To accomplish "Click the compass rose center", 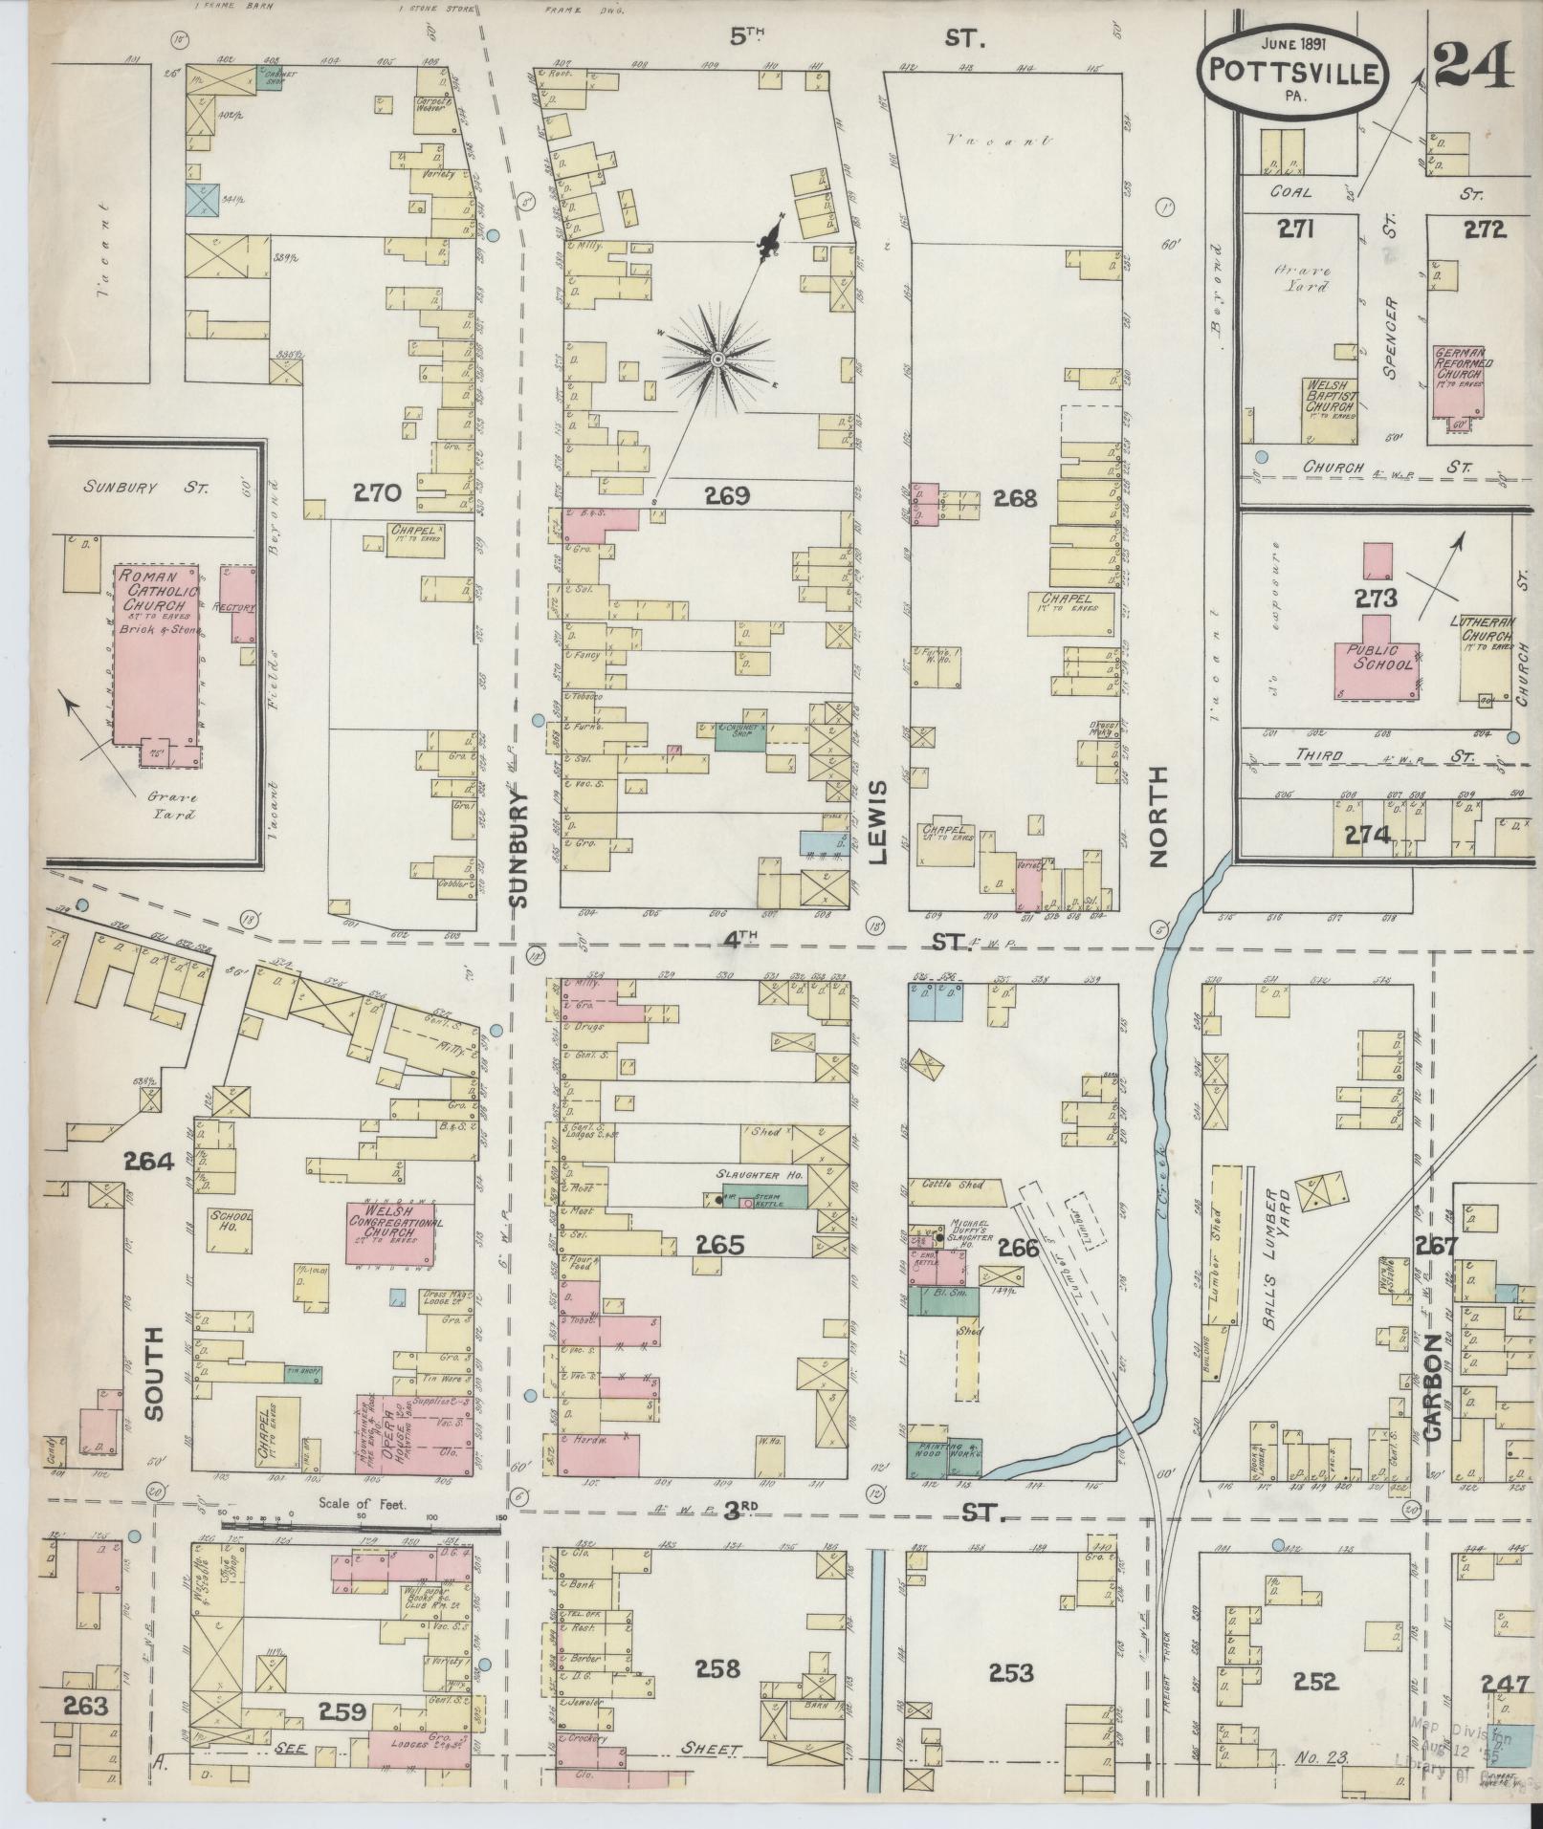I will click(x=716, y=359).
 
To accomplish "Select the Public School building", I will click(x=1377, y=660).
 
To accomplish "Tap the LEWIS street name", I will click(x=878, y=821).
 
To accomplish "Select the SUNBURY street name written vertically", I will click(x=518, y=848).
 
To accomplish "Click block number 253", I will click(x=1011, y=1672).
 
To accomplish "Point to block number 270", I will click(x=376, y=492).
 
